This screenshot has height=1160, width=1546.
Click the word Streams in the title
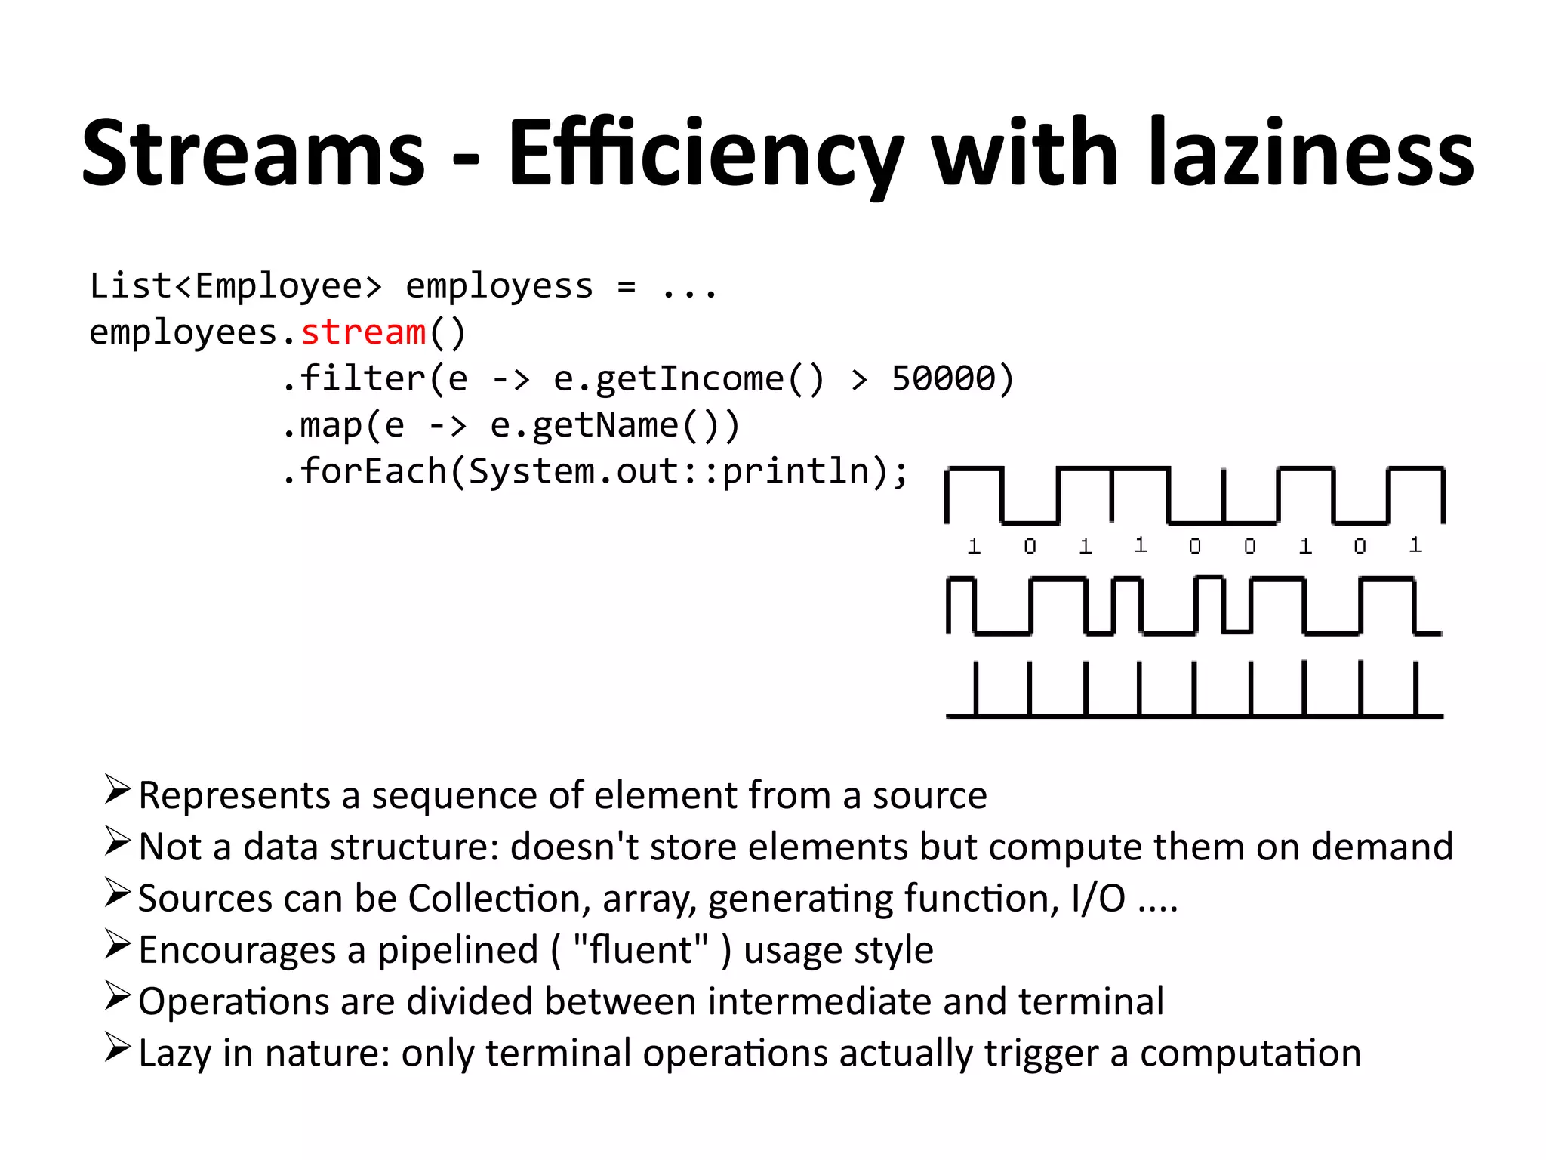coord(254,153)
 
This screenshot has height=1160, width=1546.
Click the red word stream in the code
coord(363,332)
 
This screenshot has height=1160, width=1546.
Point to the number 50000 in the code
coord(944,378)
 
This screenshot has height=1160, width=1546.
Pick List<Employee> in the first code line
coord(236,285)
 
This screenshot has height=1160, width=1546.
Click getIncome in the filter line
coord(669,378)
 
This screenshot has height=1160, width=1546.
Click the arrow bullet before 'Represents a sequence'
coord(118,789)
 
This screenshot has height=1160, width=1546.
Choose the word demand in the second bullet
coord(1381,847)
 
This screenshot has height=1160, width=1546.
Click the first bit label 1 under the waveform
coord(974,546)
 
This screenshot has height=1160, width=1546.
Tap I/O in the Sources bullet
coord(1098,899)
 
